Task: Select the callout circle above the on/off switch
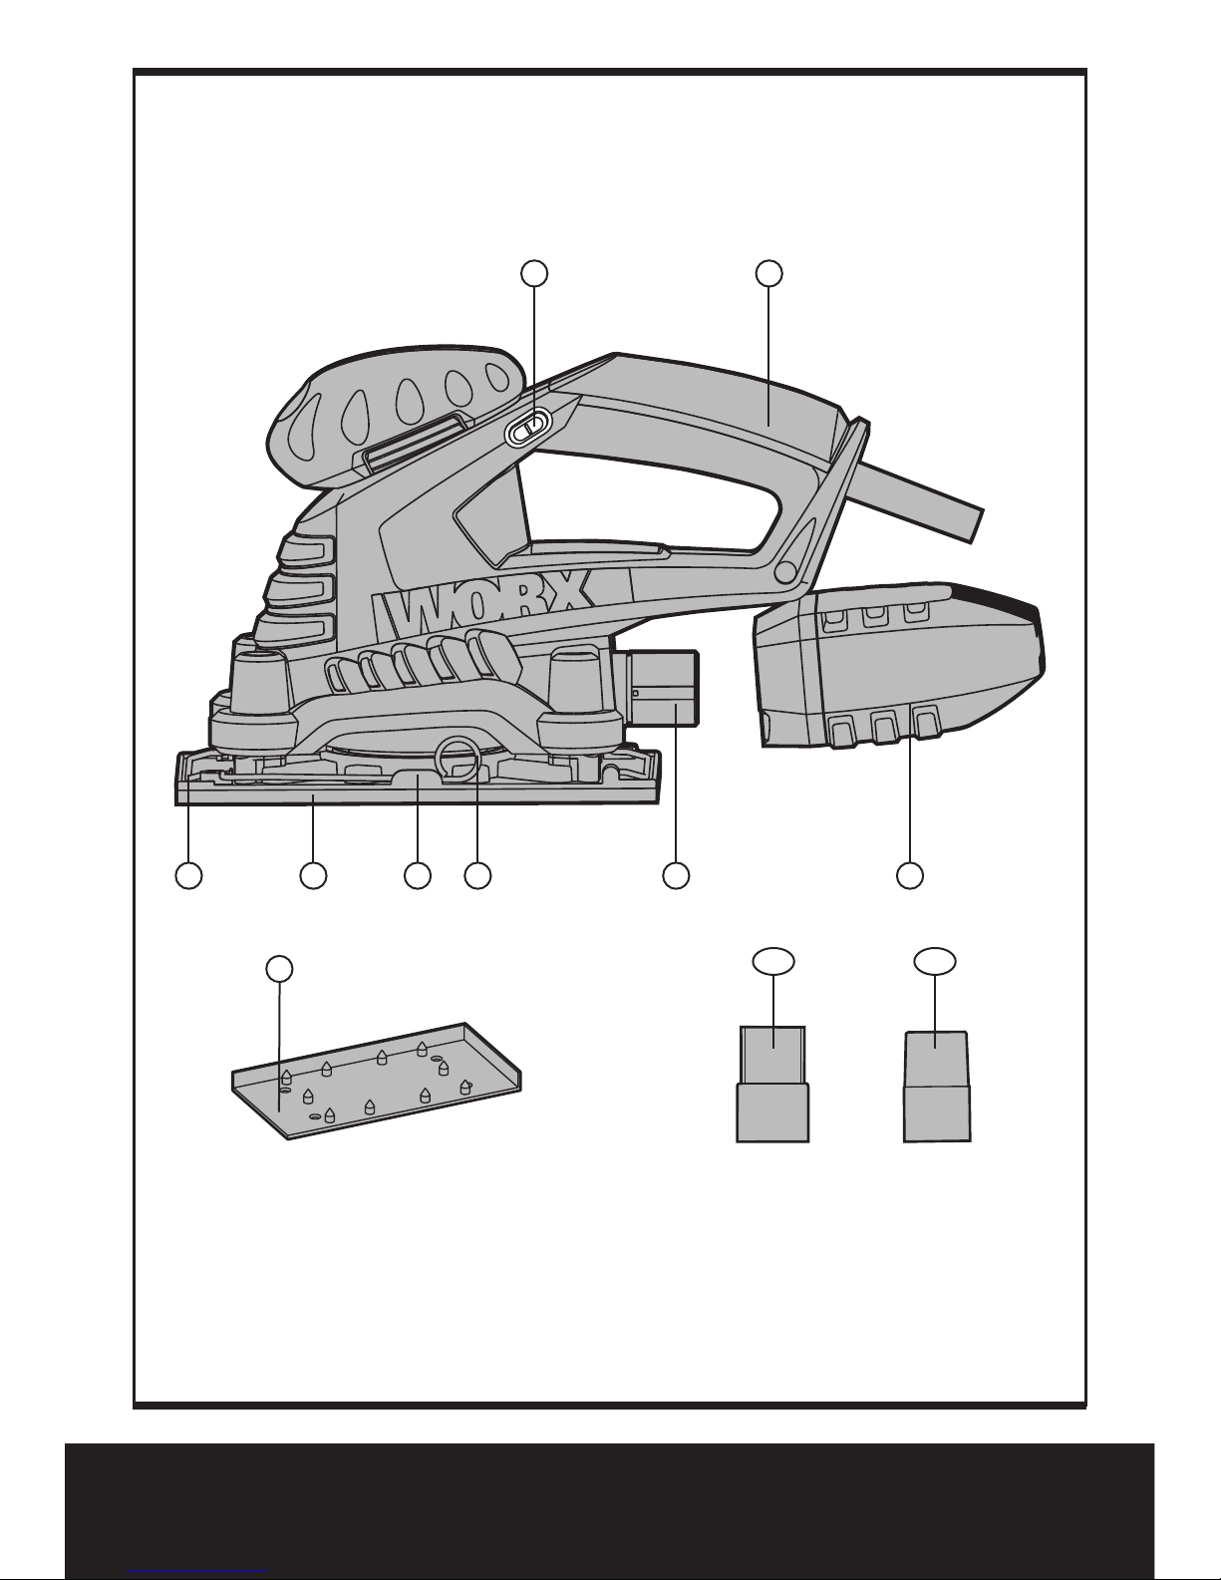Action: [x=534, y=273]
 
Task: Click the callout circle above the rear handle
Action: [x=768, y=273]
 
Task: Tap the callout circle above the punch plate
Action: [x=279, y=969]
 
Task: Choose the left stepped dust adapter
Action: [x=772, y=1085]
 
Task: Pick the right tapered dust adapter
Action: [x=937, y=1087]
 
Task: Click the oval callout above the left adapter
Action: [x=773, y=961]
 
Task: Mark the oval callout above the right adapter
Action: [x=935, y=961]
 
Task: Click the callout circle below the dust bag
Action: [x=910, y=875]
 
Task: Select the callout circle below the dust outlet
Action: [x=676, y=875]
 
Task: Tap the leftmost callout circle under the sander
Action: [x=188, y=875]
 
